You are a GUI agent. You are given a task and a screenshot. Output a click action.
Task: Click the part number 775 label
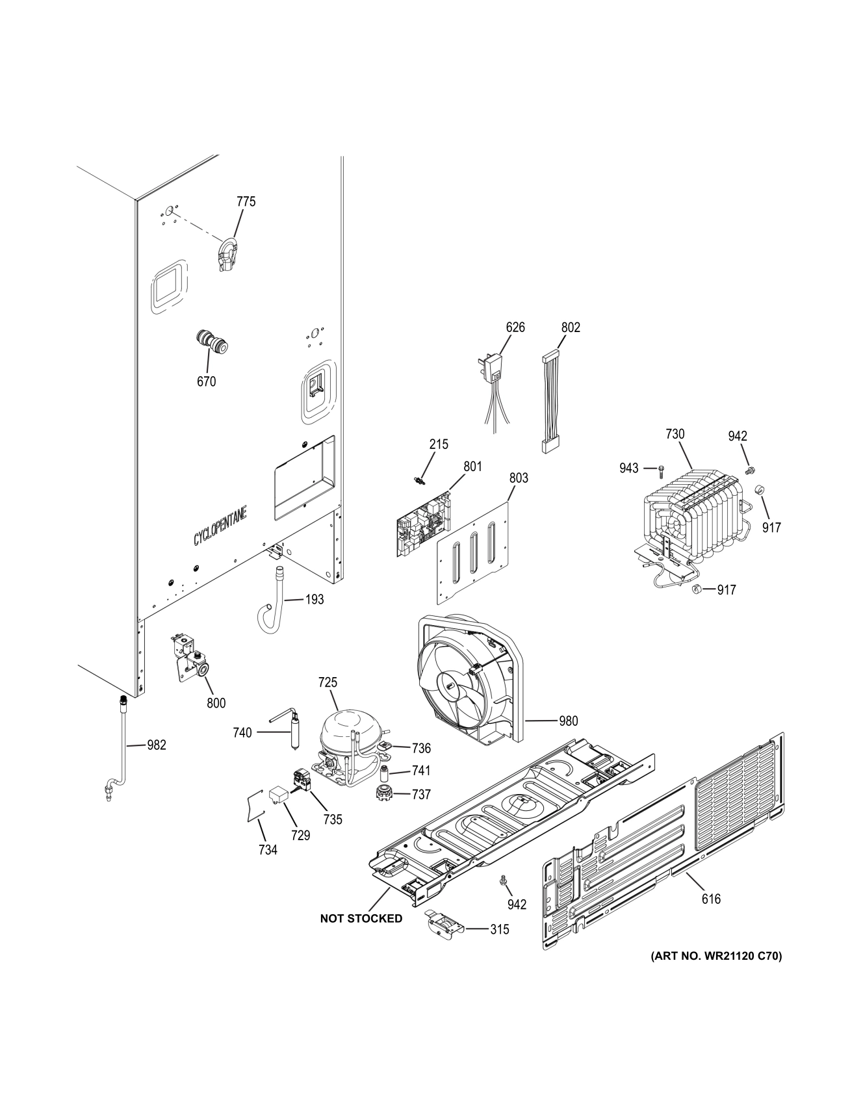tap(246, 201)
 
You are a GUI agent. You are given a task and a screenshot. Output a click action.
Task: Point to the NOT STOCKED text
tap(361, 918)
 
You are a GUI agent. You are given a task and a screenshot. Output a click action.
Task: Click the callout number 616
tap(711, 899)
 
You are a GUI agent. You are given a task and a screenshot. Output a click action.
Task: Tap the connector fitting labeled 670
tap(212, 342)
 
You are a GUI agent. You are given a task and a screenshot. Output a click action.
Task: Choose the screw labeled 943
tap(661, 468)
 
